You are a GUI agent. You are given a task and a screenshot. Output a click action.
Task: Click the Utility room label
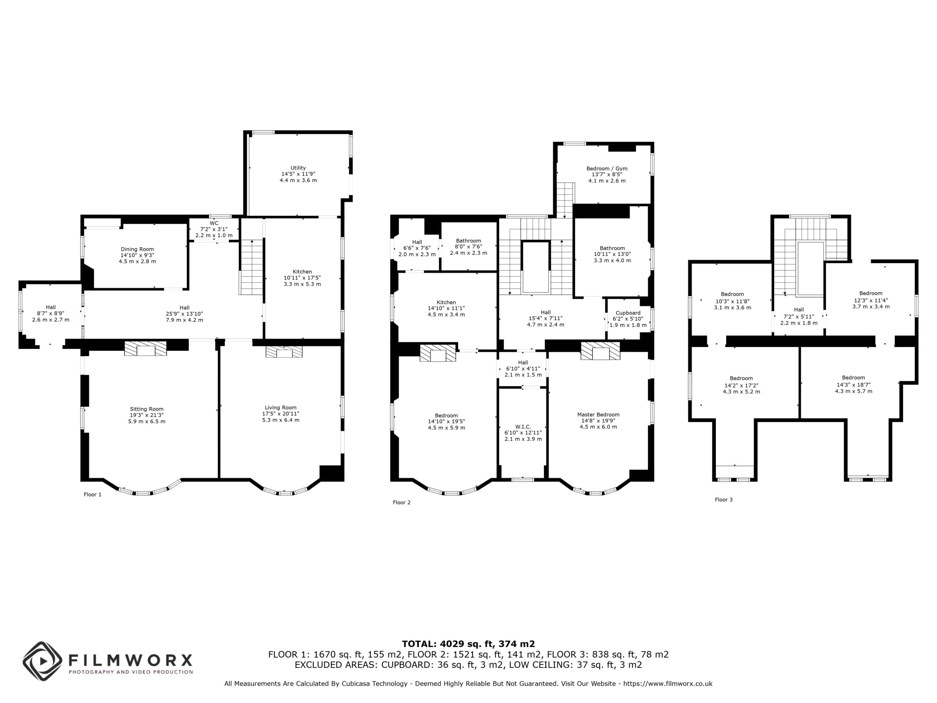click(298, 174)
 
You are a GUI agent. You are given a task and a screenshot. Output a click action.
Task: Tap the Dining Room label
click(137, 256)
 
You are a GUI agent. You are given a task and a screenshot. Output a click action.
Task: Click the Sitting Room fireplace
click(145, 348)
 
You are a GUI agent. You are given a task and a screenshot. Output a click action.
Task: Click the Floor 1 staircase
click(251, 267)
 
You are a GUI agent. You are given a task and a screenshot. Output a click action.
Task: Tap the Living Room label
click(280, 414)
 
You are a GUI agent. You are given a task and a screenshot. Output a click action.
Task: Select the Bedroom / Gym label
click(606, 175)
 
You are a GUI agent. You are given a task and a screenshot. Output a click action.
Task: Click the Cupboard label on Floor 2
click(628, 319)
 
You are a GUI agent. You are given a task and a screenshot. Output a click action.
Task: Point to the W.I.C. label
click(523, 433)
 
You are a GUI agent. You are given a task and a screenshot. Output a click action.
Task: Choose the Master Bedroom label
click(598, 421)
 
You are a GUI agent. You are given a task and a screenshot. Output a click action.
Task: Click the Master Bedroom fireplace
click(600, 351)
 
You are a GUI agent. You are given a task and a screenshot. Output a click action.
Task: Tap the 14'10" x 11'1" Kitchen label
click(446, 309)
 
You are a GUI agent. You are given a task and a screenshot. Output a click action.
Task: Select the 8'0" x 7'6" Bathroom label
click(468, 247)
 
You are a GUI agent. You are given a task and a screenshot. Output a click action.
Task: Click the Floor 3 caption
click(724, 499)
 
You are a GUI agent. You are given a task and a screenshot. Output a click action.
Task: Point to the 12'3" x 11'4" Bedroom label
click(870, 300)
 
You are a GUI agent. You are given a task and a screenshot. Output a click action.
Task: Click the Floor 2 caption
click(402, 503)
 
